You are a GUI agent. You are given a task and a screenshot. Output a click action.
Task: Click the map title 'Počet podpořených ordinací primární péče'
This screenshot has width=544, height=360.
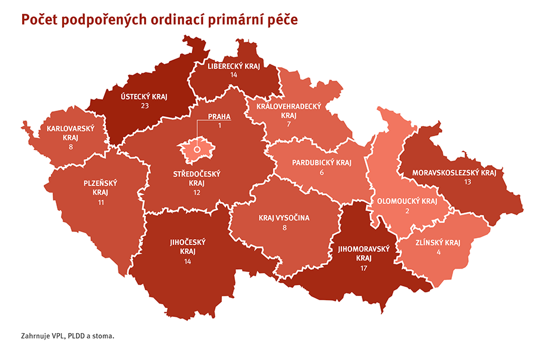[159, 20]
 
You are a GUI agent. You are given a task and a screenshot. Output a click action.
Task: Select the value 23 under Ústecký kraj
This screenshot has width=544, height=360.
[144, 105]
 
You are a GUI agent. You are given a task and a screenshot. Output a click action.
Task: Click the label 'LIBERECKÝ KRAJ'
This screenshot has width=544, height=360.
[234, 66]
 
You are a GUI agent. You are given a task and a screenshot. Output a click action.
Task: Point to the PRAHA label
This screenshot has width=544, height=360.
[219, 117]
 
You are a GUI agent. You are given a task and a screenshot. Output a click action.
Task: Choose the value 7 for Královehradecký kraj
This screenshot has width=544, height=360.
[289, 124]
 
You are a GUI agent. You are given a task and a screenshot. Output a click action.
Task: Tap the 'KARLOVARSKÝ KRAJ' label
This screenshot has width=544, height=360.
[66, 132]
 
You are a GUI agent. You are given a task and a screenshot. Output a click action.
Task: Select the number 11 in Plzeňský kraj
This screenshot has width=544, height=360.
[100, 203]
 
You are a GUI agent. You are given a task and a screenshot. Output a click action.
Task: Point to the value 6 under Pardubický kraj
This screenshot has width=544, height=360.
[322, 172]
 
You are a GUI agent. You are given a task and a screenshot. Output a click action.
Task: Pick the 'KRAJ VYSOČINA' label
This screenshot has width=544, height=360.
[284, 218]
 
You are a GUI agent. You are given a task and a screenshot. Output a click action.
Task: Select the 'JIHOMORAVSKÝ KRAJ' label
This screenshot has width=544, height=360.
[363, 253]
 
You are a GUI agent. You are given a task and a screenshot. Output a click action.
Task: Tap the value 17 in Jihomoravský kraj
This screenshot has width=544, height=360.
[363, 268]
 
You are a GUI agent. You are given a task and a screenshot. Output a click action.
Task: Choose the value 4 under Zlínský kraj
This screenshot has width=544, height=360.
[438, 252]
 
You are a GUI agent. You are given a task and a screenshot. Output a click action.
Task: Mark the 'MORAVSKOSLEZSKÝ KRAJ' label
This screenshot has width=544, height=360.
[454, 173]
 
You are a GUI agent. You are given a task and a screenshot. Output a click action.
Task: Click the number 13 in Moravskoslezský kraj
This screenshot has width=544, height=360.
[467, 182]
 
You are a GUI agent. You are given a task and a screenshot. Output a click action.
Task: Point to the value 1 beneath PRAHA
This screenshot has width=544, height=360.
[219, 126]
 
